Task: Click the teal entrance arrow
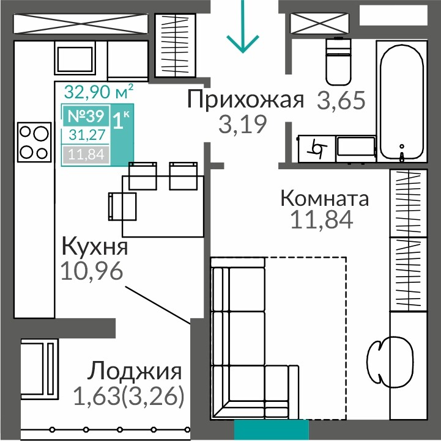242,27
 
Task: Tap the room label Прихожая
245,100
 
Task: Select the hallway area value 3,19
243,125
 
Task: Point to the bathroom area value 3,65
341,100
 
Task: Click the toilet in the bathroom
338,61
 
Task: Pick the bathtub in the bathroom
402,101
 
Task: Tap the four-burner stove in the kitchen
34,142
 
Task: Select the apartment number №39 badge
86,115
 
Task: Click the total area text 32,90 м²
98,92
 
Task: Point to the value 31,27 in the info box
87,135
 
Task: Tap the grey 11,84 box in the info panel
86,155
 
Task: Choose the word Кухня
95,247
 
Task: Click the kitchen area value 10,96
92,271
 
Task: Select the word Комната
324,199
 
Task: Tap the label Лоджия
135,372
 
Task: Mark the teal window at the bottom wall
272,430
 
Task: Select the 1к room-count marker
121,120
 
